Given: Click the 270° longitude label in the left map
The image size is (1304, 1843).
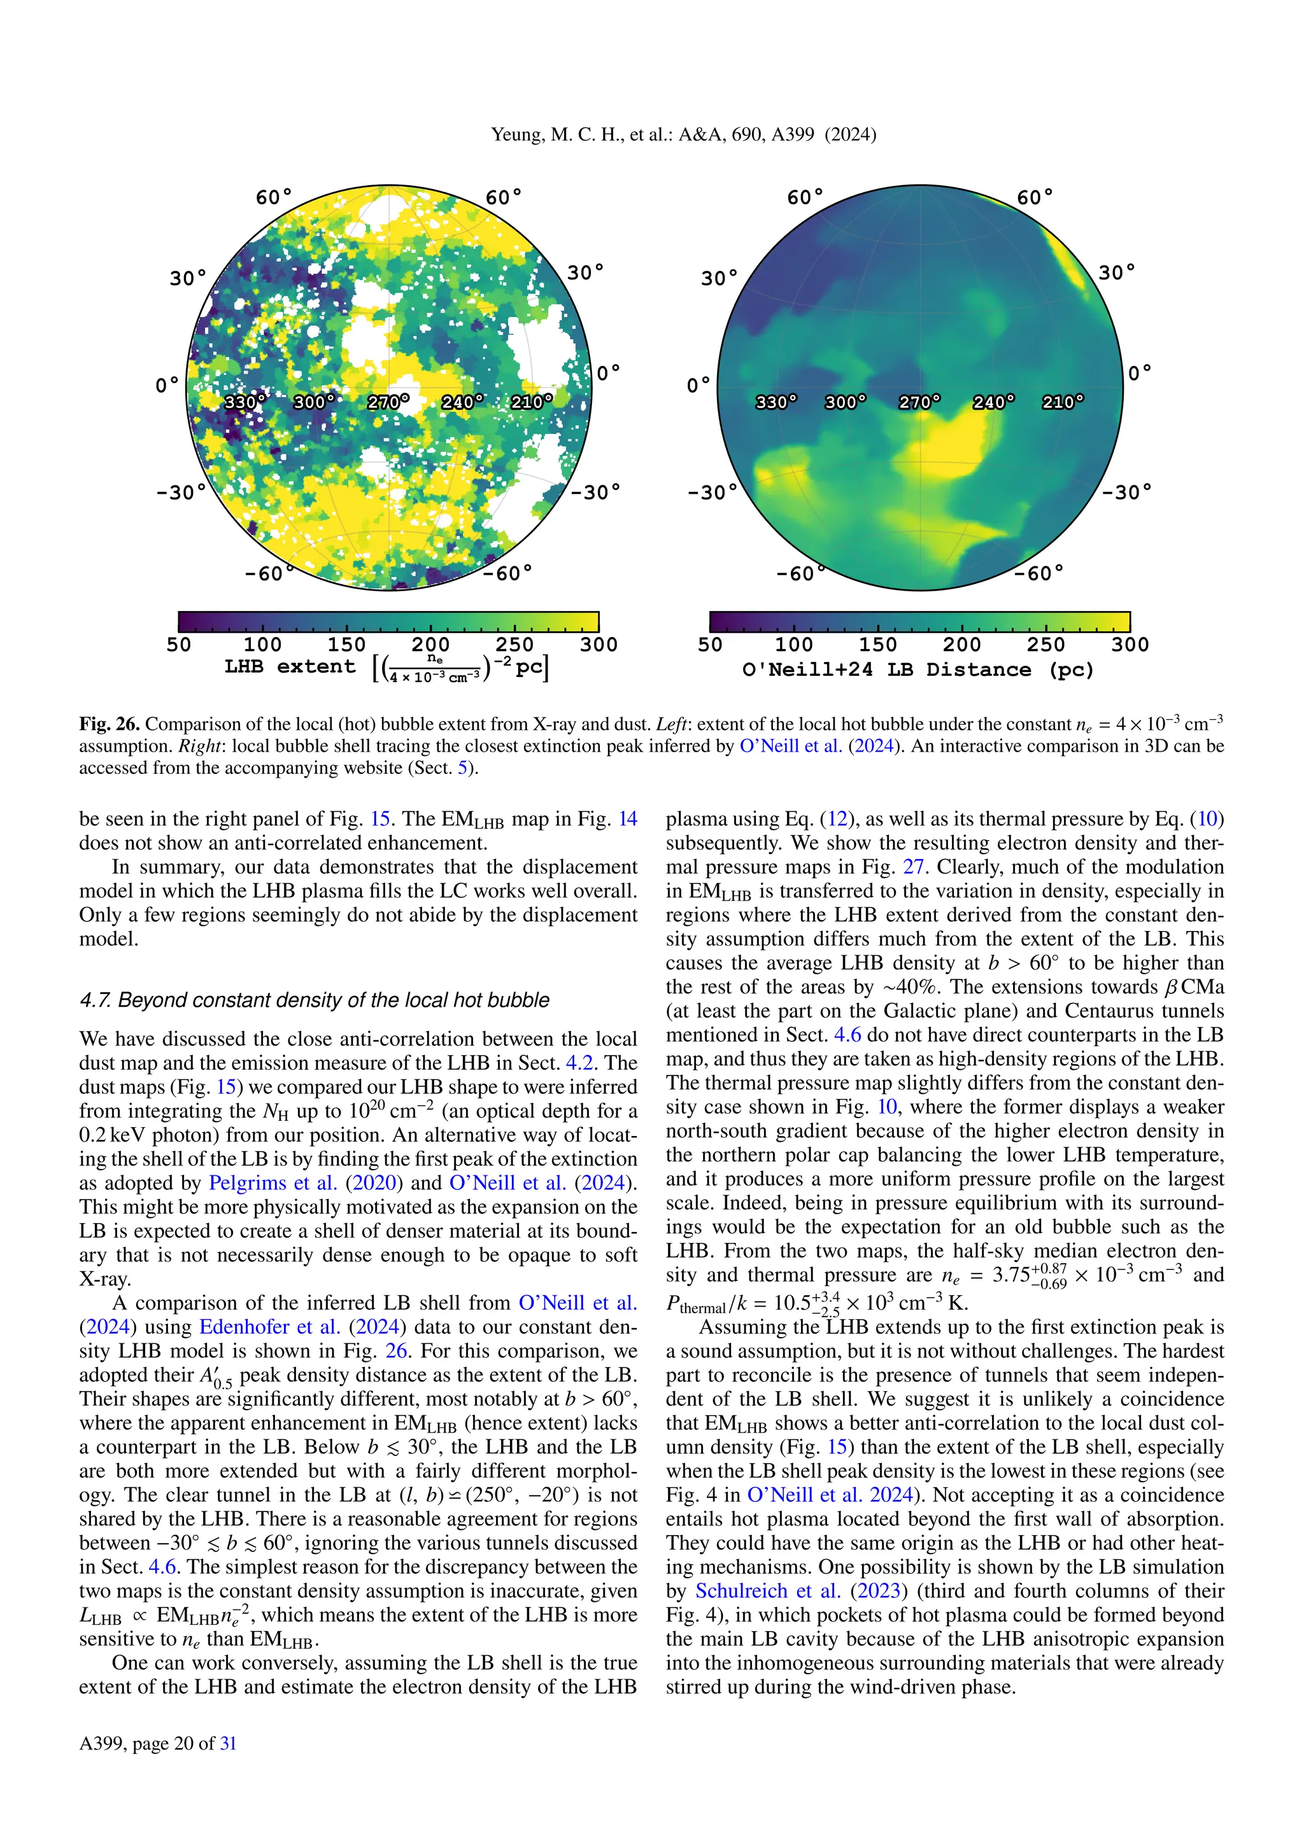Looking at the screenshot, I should coord(388,402).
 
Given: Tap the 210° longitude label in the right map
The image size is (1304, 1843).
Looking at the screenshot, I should coord(1062,402).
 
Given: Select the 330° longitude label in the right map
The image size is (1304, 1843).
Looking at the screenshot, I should coord(776,402).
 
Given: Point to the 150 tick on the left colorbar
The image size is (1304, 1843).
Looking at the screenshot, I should coord(346,644).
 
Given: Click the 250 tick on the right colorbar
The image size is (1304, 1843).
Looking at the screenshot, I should coord(1045,644).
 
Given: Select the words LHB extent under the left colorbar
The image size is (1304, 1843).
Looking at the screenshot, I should coord(289,666).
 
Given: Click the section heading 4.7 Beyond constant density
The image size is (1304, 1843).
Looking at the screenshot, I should coord(314,1000).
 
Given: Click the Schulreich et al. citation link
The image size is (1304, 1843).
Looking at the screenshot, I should coord(767,1591).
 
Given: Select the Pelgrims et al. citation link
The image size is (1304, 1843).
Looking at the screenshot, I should coord(273,1183).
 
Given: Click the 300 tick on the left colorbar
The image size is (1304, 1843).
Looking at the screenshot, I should coord(599,644).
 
